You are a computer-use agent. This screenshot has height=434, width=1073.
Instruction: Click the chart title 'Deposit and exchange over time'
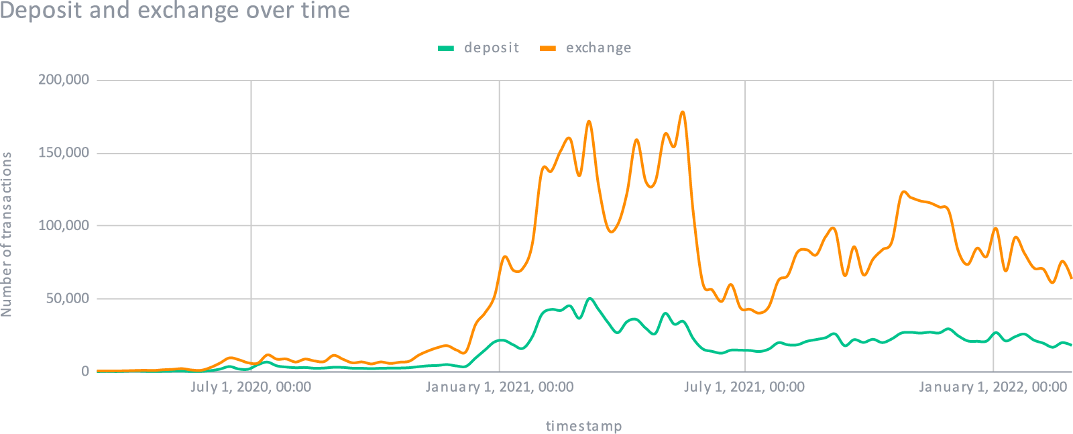(x=175, y=11)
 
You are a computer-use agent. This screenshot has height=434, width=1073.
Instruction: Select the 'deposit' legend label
(x=492, y=48)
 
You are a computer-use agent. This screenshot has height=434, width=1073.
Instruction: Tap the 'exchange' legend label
(x=598, y=48)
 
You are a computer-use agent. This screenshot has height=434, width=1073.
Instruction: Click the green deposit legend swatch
(x=446, y=48)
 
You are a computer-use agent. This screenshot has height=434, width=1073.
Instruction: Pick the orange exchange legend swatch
(x=548, y=48)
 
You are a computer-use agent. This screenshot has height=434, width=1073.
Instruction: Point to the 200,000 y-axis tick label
(x=64, y=80)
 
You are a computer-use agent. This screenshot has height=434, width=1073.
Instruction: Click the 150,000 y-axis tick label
(x=64, y=153)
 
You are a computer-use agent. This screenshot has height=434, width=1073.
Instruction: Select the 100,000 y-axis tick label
(x=64, y=225)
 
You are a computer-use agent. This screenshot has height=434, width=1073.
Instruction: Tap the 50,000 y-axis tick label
(x=67, y=299)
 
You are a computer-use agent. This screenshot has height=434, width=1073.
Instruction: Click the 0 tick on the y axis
(x=84, y=371)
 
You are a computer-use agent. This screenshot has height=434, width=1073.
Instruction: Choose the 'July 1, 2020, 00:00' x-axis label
(x=250, y=387)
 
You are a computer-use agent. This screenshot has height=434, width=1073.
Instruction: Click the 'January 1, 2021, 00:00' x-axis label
(x=499, y=387)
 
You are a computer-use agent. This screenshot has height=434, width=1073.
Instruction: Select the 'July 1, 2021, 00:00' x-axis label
(x=744, y=387)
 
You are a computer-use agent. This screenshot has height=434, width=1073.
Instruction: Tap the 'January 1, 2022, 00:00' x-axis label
(x=993, y=387)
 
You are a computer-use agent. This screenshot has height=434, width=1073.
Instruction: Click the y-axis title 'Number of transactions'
(x=7, y=234)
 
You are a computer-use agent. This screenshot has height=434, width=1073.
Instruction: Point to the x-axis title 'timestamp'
(x=583, y=426)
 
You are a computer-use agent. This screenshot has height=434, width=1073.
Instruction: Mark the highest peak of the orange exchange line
(x=683, y=112)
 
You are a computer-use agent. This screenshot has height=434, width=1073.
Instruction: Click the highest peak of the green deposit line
(x=589, y=299)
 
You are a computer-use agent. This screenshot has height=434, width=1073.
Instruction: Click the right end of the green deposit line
(x=1071, y=345)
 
